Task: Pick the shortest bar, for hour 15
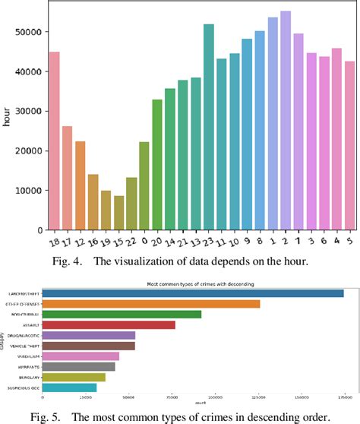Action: (118, 212)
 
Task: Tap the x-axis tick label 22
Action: (131, 241)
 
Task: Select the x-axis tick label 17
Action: (66, 241)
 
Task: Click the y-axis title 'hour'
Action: (7, 118)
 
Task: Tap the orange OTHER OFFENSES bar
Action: (152, 304)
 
